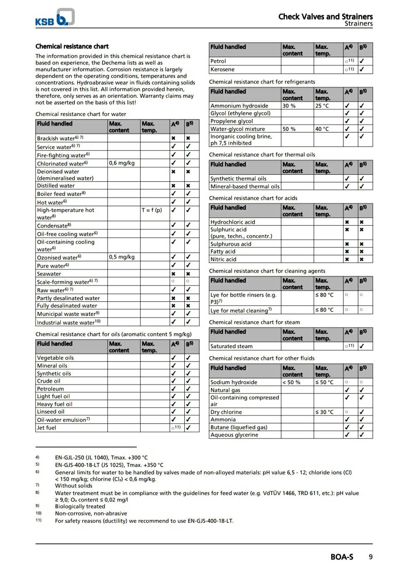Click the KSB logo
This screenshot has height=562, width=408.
55,17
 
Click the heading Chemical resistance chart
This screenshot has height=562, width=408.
72,46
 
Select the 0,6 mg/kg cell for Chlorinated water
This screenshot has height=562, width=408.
122,163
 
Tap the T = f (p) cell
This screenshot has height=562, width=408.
152,210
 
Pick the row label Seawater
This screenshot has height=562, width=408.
49,274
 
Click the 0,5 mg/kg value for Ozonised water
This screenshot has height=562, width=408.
122,257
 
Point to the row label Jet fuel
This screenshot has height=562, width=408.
46,428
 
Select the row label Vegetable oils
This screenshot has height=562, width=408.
55,358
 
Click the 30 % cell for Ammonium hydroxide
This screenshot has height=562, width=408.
289,106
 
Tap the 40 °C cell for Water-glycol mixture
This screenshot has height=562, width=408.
322,129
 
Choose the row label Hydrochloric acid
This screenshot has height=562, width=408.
233,222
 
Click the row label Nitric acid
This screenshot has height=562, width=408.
223,259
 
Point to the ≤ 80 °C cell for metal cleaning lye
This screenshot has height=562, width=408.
324,310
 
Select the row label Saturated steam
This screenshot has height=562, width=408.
231,346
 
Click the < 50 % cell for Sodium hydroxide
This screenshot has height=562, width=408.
291,382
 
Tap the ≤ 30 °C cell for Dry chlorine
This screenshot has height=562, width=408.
324,412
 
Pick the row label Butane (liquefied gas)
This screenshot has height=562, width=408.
239,428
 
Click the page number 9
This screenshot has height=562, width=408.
370,557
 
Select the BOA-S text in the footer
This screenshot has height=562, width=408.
342,557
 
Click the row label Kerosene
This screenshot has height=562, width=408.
222,70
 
